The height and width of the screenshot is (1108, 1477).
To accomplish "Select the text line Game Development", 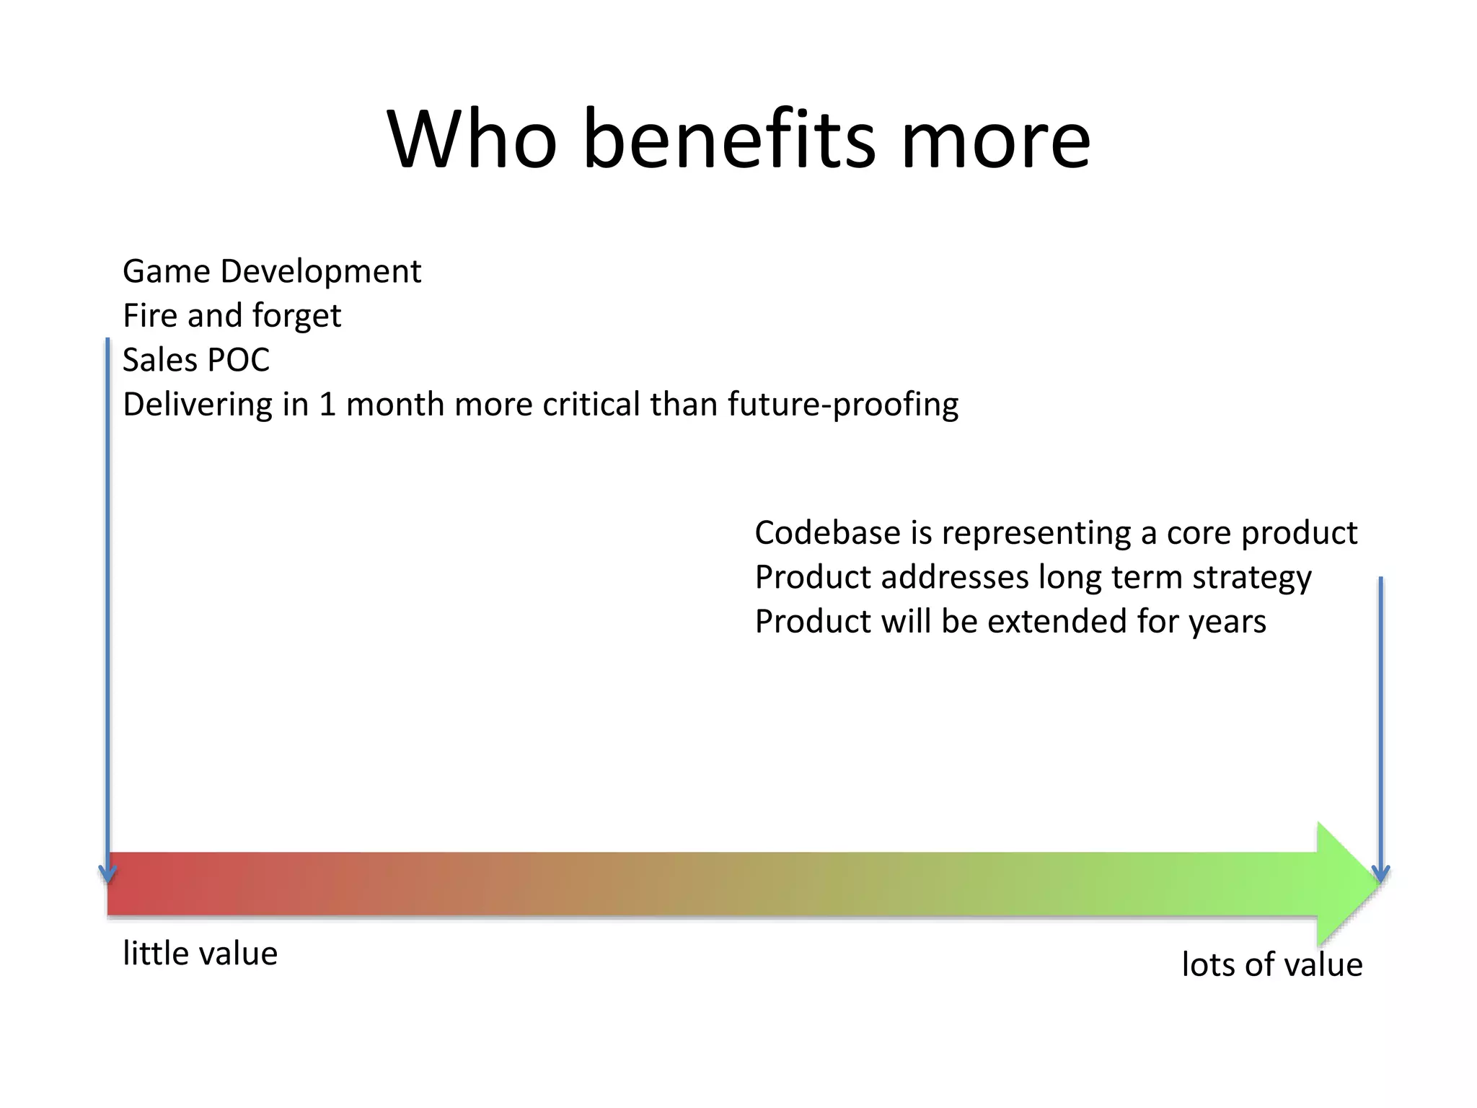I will click(272, 272).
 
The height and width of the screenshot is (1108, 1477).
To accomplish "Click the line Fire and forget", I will click(232, 316).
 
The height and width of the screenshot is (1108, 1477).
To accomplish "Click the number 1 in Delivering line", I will click(327, 405).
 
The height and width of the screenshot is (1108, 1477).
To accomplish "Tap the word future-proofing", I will click(842, 405).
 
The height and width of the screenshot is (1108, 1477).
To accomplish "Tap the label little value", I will click(200, 954).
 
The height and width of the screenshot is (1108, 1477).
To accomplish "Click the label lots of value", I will click(1271, 965).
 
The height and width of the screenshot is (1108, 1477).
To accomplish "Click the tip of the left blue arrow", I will click(107, 880).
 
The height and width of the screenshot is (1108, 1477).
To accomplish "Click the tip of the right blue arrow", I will click(1380, 880).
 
